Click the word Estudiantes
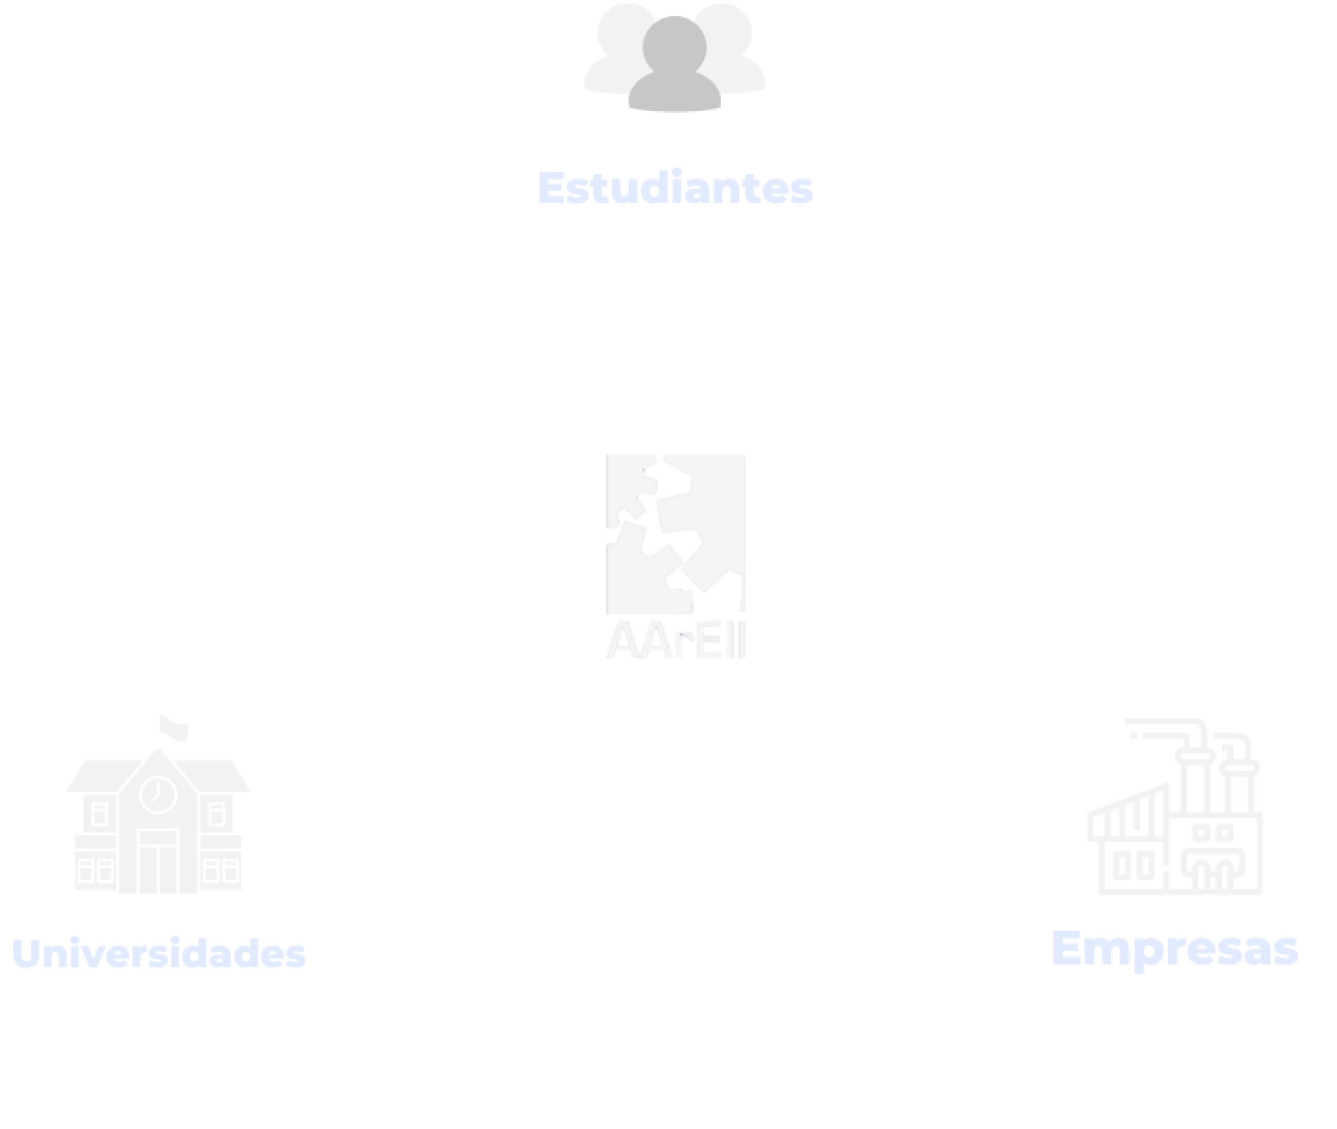click(x=676, y=188)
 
